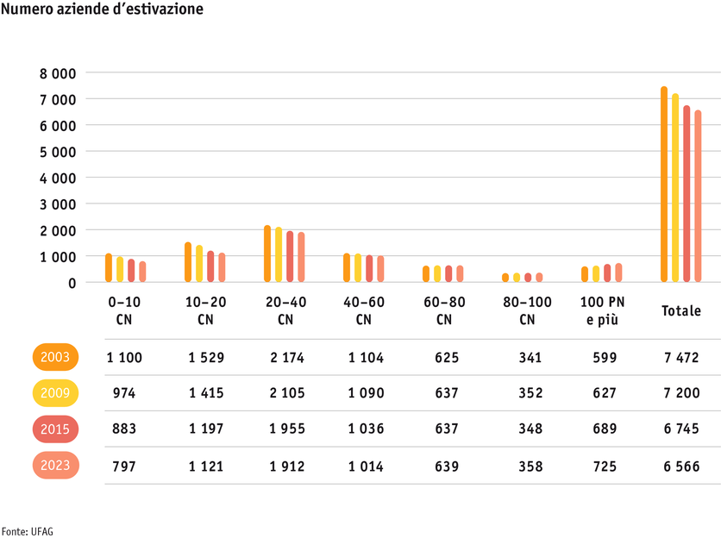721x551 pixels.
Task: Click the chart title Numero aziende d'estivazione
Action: (103, 11)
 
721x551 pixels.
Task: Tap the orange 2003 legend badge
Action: (56, 357)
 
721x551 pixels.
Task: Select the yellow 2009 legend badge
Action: (56, 393)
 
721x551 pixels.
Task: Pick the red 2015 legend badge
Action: (56, 429)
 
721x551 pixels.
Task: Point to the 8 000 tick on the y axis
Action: (58, 73)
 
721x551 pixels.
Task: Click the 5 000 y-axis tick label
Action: (58, 152)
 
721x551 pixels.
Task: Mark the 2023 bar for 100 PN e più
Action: (618, 272)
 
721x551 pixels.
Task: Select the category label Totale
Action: (680, 311)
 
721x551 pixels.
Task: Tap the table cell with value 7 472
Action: (680, 357)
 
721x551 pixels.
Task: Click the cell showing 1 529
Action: (205, 357)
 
